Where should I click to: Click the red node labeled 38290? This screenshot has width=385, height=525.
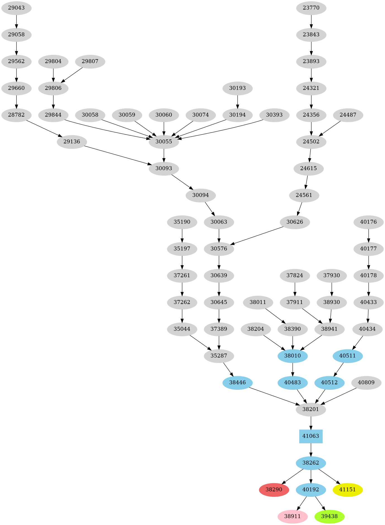coord(274,489)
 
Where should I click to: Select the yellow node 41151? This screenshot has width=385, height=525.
coord(347,489)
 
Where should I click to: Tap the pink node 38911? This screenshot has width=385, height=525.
coord(292,516)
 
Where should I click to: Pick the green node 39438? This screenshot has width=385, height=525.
coord(329,516)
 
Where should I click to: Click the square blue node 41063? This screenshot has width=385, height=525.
coord(311,436)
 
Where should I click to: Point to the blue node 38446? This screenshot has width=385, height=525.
coord(237,382)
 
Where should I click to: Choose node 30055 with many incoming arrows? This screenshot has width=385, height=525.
coord(164,142)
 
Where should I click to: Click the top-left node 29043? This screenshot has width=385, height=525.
coord(16,8)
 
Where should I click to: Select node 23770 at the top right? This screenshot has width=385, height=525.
coord(311,8)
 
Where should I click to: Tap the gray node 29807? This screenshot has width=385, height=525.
coord(90,61)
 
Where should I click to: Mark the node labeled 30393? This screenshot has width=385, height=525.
coord(274,115)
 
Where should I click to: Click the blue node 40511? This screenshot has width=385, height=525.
coord(347,356)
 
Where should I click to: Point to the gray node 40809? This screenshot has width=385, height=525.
coord(366,382)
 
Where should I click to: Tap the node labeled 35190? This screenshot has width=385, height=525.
coord(182,222)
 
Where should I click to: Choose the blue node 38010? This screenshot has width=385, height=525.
coord(292,356)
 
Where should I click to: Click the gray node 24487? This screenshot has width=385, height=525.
coord(348,115)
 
